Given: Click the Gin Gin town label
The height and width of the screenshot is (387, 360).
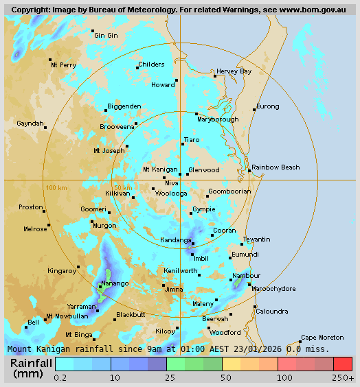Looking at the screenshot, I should (x=106, y=36).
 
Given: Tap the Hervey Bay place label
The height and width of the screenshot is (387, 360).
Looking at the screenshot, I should (x=234, y=71).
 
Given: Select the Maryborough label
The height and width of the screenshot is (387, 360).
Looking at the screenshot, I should (x=218, y=119).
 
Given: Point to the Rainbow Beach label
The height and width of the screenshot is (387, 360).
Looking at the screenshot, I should (x=275, y=167).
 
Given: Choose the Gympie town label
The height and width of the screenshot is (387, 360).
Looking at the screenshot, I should (x=203, y=209).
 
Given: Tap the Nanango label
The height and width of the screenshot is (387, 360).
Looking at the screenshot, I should (x=115, y=283).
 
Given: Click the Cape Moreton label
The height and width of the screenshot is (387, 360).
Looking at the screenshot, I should (x=322, y=337).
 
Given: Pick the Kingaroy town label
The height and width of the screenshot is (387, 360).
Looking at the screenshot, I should (x=61, y=271).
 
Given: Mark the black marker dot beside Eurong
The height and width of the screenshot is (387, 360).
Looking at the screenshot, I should (x=254, y=110).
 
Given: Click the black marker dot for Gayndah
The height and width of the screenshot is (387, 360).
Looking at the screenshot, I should (x=45, y=127).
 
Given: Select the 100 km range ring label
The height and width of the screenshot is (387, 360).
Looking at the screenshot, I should (x=56, y=187).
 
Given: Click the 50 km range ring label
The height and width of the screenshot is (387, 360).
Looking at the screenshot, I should (x=123, y=187).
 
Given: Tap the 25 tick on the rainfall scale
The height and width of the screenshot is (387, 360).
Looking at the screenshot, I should (x=166, y=378).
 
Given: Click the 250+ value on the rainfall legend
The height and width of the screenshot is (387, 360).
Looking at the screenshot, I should (x=343, y=378).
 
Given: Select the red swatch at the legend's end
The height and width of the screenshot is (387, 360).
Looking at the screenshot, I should (x=343, y=364).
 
